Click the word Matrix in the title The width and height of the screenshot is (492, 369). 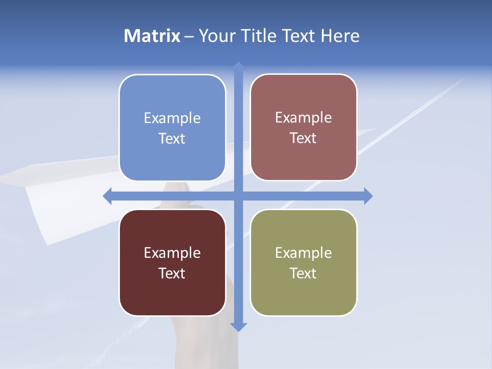click(152, 36)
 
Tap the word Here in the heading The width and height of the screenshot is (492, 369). click(340, 36)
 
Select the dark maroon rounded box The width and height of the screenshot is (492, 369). click(172, 292)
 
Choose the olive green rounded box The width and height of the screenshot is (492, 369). click(303, 292)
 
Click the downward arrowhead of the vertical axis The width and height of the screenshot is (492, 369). click(238, 326)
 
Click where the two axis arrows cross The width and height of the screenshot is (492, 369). click(238, 196)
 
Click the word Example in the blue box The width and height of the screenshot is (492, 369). click(172, 118)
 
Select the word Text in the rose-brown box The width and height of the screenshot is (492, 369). click(303, 138)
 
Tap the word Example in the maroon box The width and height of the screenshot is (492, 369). click(172, 253)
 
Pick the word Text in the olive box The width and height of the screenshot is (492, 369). click(303, 273)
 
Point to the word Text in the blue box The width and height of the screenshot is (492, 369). click(172, 138)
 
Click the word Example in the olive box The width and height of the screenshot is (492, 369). click(303, 253)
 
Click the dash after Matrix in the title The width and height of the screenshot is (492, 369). click(189, 36)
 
